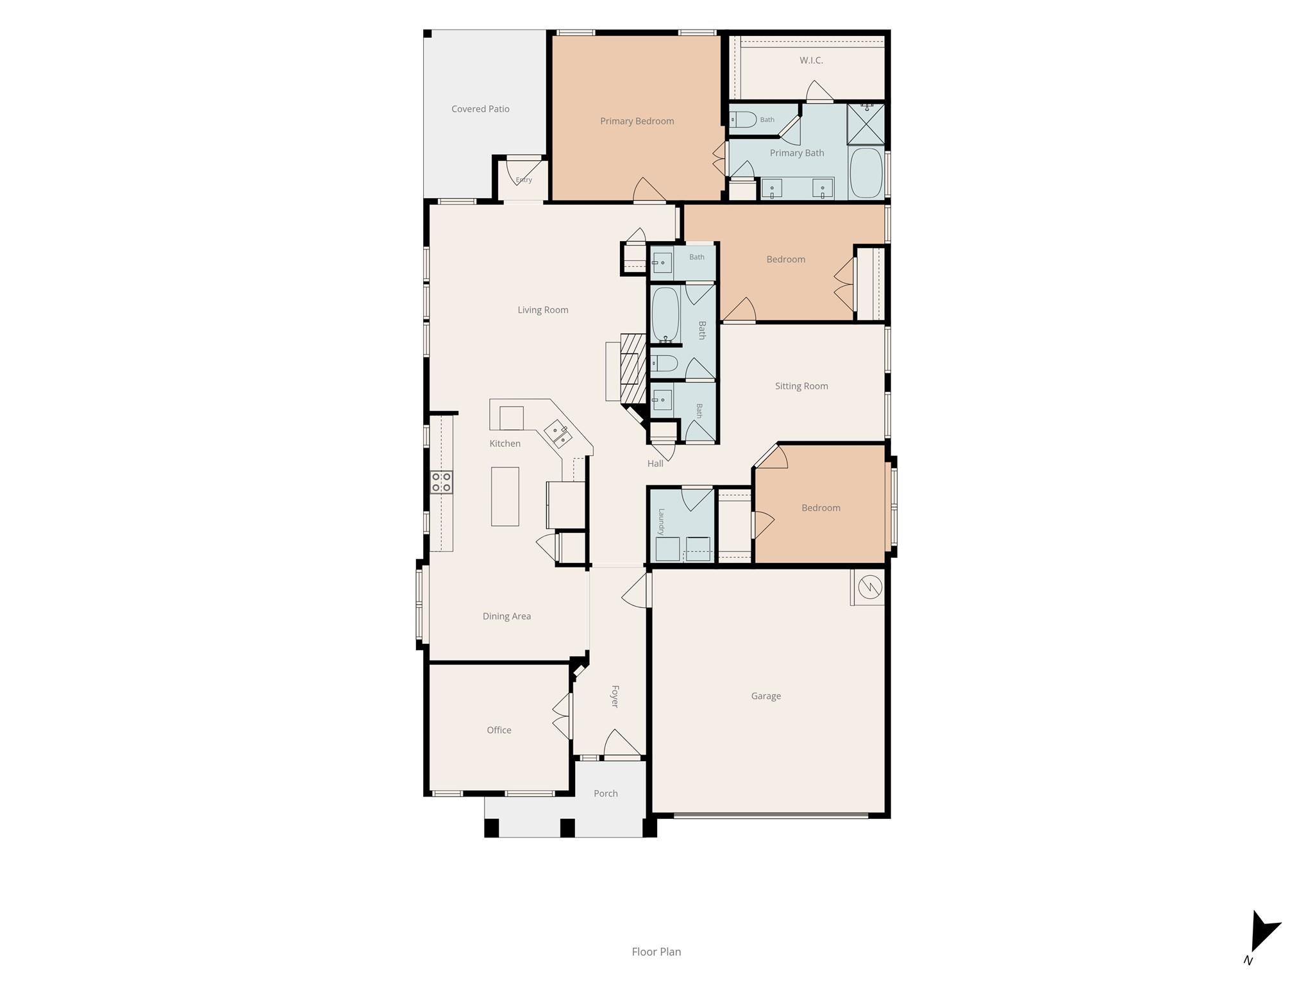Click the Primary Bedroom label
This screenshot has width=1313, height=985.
[x=637, y=121]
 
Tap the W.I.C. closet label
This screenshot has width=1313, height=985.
[x=811, y=60]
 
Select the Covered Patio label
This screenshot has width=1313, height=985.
[x=480, y=109]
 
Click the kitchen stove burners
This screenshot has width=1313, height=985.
[x=441, y=482]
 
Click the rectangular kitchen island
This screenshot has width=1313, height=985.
[x=505, y=496]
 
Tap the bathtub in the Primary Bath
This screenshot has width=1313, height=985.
[x=866, y=173]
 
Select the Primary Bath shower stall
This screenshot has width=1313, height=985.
[x=866, y=123]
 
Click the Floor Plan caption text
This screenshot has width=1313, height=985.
[x=656, y=952]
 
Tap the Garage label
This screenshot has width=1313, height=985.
[x=766, y=696]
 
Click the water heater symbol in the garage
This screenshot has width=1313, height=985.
[x=870, y=587]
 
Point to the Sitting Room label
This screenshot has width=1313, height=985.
[x=801, y=386]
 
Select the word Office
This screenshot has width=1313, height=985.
[x=499, y=730]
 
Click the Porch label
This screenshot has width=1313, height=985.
[x=606, y=793]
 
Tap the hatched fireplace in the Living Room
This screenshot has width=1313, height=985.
[x=633, y=369]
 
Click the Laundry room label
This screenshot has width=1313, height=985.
[x=662, y=521]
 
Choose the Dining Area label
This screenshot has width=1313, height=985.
[x=506, y=616]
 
